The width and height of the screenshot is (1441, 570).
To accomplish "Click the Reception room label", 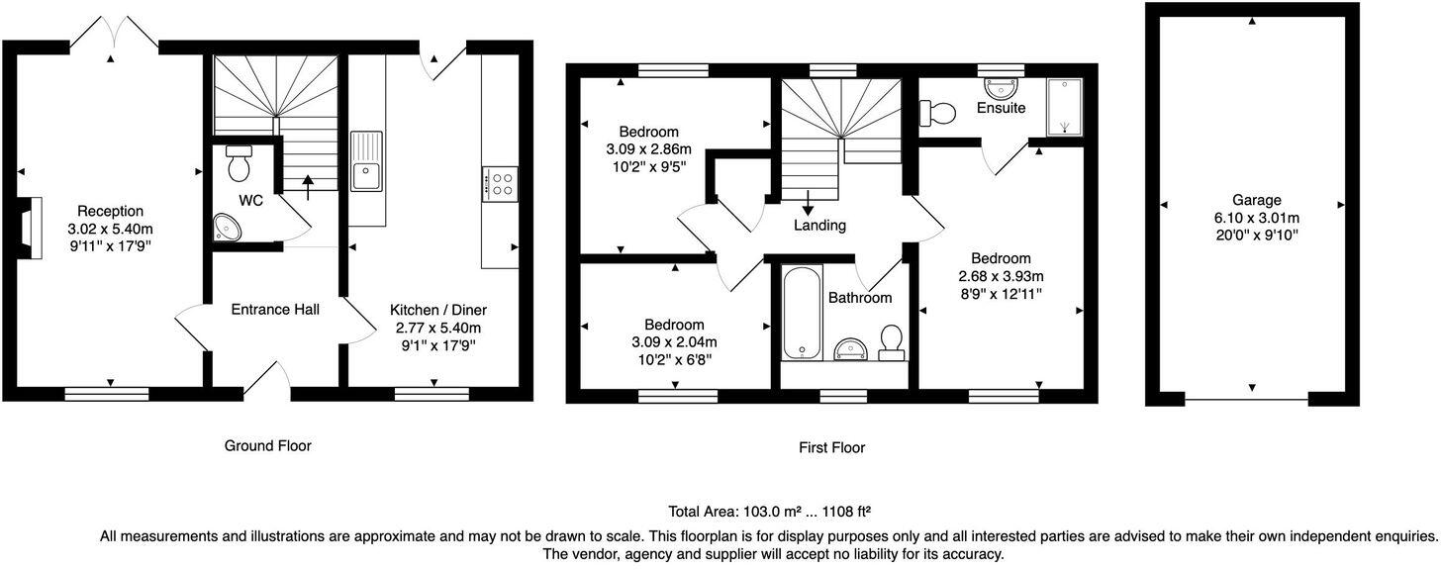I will (111, 211).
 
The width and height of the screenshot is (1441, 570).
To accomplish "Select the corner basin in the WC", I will (227, 229).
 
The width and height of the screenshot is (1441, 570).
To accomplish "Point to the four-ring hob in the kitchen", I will (501, 183).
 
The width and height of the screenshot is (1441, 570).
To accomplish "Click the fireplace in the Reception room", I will (34, 228).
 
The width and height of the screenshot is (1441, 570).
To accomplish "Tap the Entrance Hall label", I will (274, 310).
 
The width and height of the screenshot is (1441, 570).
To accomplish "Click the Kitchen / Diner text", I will (437, 310).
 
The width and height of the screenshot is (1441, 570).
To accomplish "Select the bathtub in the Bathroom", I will (800, 314).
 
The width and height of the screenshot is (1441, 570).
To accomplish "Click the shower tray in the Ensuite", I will (1064, 106).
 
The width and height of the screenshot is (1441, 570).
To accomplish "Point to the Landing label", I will (819, 226).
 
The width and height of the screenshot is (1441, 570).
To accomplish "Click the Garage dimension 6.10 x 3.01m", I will (1256, 218).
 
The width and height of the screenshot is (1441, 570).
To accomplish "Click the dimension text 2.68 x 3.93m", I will (1001, 276).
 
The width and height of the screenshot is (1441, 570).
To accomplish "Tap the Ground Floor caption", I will (267, 446).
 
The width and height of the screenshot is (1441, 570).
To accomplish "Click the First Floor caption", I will (831, 448).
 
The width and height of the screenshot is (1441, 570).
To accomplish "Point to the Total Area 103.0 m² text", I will (769, 513).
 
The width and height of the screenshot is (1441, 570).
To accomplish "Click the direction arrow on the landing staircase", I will (808, 201).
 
